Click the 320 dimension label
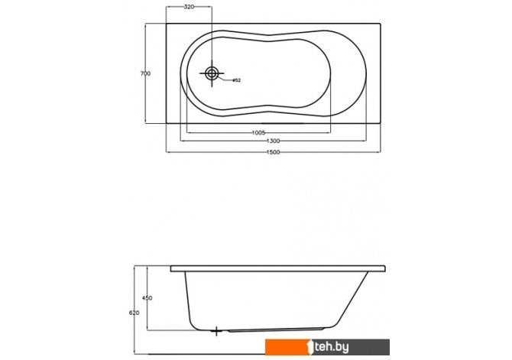click(189, 7)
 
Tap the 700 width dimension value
click(145, 74)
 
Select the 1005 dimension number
click(258, 133)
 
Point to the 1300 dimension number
click(274, 141)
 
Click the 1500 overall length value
click(274, 152)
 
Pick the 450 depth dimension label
click(147, 298)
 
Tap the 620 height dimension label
click(134, 313)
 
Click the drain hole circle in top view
click(212, 73)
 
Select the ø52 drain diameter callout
click(236, 80)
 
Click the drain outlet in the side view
click(216, 331)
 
